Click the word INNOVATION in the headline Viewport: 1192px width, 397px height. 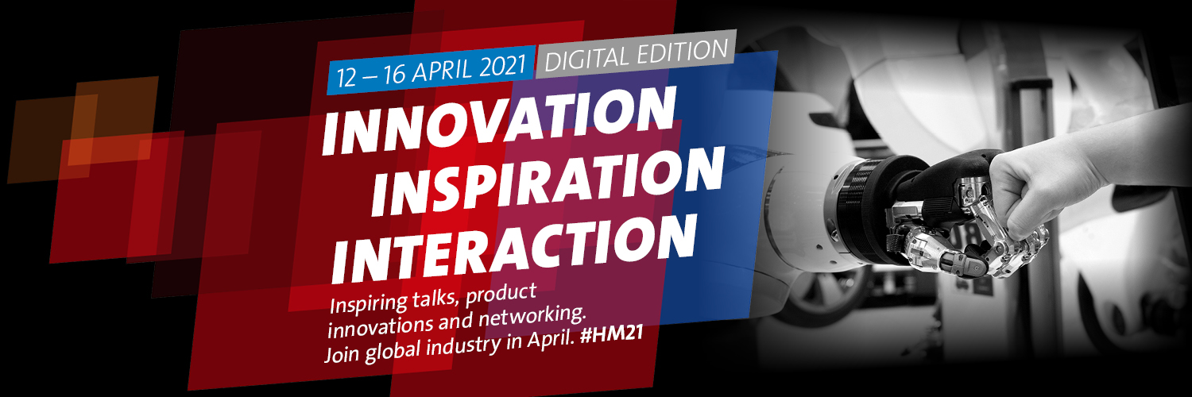[x=499, y=121]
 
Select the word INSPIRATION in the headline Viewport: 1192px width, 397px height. [x=548, y=182]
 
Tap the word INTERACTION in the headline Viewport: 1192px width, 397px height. [x=514, y=249]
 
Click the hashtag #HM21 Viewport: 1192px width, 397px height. [x=612, y=335]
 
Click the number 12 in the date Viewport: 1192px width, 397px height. [x=346, y=78]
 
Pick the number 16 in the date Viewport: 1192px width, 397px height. [x=395, y=75]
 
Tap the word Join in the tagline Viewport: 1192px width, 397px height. [x=343, y=354]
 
